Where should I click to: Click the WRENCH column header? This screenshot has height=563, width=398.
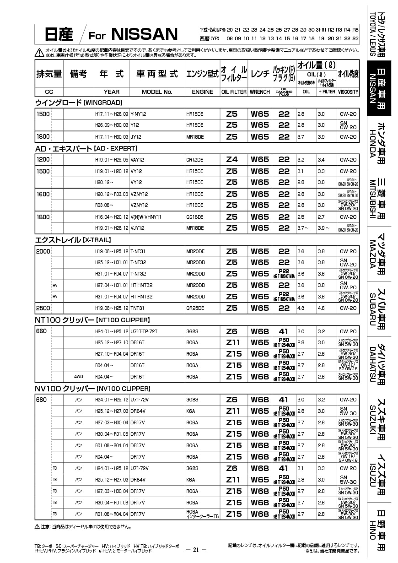pos(259,92)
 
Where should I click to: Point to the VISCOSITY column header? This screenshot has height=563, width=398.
pos(348,92)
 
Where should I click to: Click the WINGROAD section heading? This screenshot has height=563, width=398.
pos(78,102)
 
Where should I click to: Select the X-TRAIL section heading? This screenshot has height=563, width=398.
pos(73,239)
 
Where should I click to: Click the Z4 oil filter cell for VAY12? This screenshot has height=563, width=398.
pos(232,159)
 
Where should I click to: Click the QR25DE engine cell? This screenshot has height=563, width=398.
pos(195,308)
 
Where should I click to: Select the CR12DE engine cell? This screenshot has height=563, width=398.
pos(195,159)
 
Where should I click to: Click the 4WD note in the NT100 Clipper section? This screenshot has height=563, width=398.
pos(79,377)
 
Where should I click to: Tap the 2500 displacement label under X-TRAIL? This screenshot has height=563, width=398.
pos(43,308)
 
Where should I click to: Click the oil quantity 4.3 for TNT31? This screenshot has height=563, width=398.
pos(301,308)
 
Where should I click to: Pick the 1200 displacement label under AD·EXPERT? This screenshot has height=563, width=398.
pos(43,159)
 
